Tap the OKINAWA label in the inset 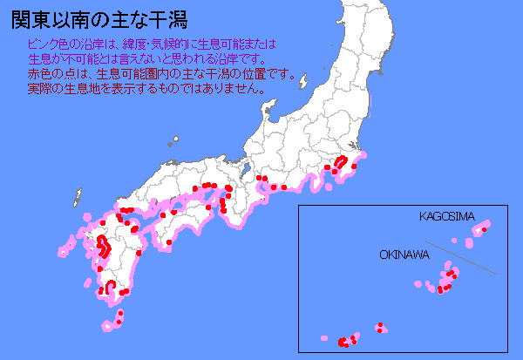click(x=404, y=255)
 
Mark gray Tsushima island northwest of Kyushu click(x=78, y=195)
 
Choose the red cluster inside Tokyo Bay click(x=342, y=162)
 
